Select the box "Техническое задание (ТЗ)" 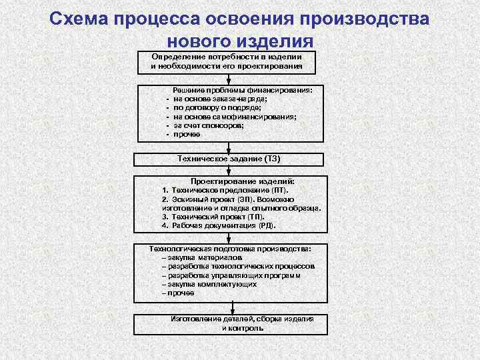click(x=229, y=159)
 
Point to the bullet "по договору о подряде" click(x=217, y=107)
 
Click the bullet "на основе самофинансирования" click(x=235, y=116)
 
